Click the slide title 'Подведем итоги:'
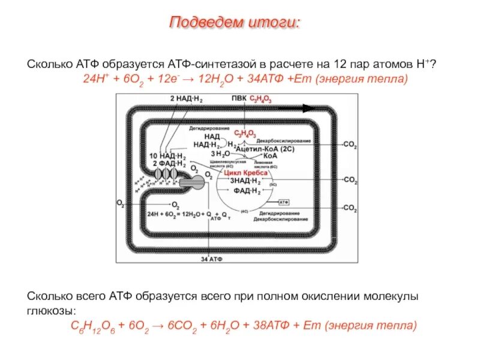(x=235, y=23)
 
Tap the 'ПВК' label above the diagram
(x=238, y=98)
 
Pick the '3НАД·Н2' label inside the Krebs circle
(x=246, y=181)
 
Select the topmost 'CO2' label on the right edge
(x=350, y=145)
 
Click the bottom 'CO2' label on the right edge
(x=350, y=208)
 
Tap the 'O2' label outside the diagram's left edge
(x=120, y=204)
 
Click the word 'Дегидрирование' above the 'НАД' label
(x=209, y=128)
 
